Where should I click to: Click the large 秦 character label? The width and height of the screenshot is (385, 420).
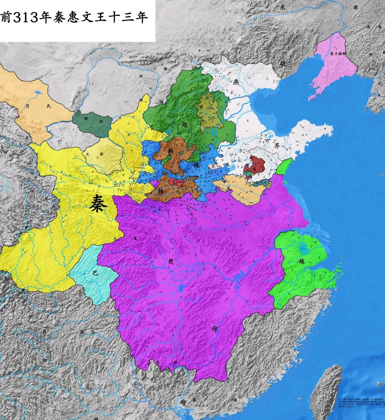(98, 203)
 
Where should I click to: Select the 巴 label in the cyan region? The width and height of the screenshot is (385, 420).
(95, 272)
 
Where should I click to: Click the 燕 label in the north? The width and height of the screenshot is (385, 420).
(236, 82)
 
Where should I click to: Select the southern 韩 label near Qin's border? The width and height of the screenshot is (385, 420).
(161, 190)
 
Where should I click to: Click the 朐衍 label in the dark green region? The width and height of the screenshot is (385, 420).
(91, 120)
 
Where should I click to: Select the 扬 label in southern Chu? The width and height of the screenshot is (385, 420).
(215, 328)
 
